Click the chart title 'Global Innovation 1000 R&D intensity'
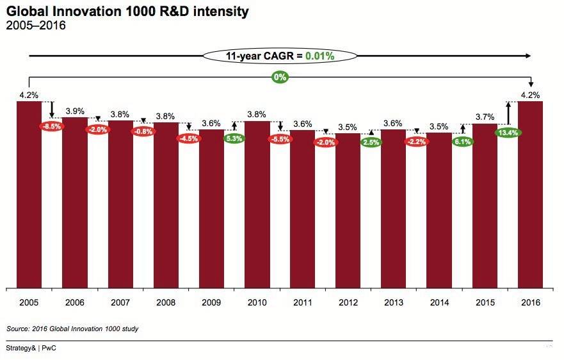pos(127,12)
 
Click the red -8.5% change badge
pos(52,126)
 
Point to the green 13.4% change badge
pos(508,133)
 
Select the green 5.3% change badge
pos(234,138)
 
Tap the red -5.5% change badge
pos(280,138)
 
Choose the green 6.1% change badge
pos(462,142)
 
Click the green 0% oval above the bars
pos(280,78)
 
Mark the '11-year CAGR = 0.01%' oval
pos(279,56)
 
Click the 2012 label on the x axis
pos(348,302)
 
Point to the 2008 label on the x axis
pos(165,302)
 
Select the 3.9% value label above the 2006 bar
pos(74,110)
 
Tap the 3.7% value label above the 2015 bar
pos(485,117)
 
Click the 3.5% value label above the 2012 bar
pos(348,127)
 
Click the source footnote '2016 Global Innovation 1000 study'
pos(72,329)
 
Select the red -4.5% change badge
pos(189,138)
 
